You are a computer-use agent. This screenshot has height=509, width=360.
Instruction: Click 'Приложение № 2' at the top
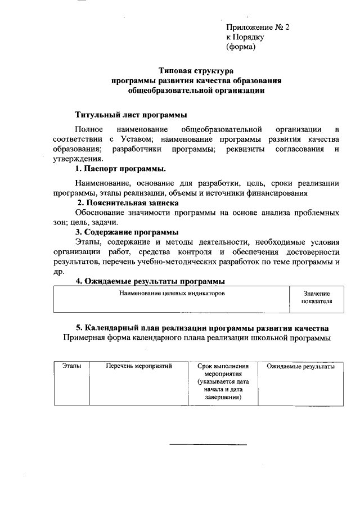(x=258, y=26)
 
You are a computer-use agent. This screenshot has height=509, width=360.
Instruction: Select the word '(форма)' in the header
(x=241, y=47)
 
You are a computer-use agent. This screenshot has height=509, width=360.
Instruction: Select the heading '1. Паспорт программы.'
(x=120, y=169)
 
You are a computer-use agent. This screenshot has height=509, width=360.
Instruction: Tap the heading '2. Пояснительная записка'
(x=128, y=202)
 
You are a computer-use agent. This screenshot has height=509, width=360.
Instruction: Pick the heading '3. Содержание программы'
(x=127, y=232)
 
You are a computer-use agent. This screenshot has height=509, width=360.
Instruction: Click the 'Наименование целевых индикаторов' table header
(x=172, y=294)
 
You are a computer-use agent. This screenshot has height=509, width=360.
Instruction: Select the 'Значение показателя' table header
(x=316, y=298)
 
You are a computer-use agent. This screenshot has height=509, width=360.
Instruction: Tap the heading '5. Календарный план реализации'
(x=202, y=328)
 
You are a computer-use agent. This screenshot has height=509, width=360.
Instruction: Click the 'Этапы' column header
(x=71, y=366)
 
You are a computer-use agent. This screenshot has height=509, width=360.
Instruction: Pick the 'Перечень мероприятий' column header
(x=139, y=366)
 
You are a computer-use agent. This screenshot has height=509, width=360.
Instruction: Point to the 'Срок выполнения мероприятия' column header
(x=223, y=370)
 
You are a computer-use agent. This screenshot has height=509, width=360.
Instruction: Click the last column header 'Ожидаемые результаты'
(x=300, y=366)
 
